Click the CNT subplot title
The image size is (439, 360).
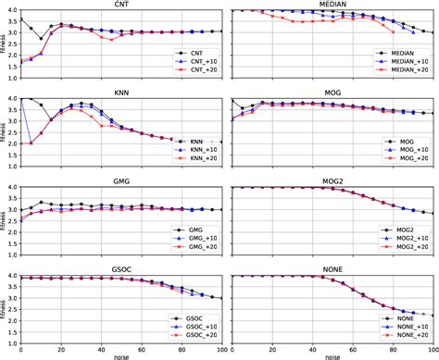coord(122,5)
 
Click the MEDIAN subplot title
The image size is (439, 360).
coord(331,5)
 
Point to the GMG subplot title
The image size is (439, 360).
coord(122,182)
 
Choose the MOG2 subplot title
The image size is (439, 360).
coord(331,182)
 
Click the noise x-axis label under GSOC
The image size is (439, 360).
coord(122,355)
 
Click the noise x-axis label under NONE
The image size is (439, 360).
coord(331,355)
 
